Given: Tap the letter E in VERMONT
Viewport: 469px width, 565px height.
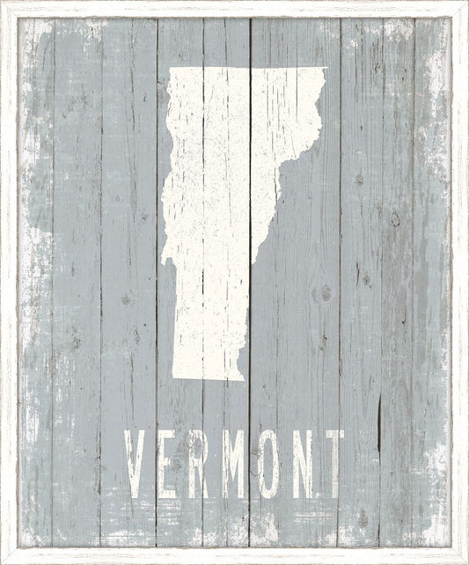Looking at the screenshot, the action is click(x=170, y=464).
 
